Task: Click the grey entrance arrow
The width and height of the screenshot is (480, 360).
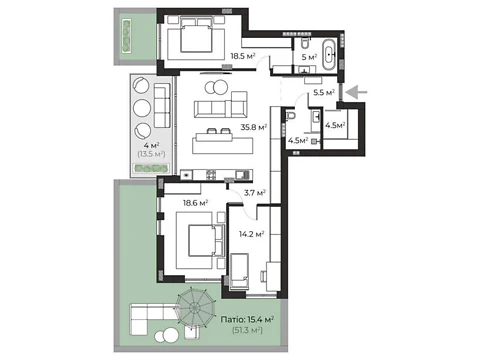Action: [356, 92]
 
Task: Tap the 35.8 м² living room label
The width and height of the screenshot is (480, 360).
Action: [254, 127]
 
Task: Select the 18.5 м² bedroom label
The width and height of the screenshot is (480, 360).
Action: [243, 56]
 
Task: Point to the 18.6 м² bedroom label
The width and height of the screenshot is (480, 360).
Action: [195, 203]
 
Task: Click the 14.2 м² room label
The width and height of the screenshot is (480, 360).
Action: [251, 234]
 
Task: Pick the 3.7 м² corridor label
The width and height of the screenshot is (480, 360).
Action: [255, 193]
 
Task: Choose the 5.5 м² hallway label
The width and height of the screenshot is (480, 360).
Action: [324, 93]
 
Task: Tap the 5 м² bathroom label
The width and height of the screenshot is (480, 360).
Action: [309, 57]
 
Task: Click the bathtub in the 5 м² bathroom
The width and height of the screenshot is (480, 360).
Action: [330, 55]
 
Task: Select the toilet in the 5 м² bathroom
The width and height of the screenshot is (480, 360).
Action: [305, 42]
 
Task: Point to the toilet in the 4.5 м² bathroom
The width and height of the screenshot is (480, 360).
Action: [291, 115]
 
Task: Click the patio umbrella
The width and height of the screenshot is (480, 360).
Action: [194, 308]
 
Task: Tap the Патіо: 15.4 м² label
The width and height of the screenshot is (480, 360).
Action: [247, 320]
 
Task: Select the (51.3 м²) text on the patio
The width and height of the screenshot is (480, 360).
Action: [247, 330]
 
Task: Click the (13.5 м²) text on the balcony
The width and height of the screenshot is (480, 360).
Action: [151, 154]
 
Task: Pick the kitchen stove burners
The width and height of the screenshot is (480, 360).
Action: [211, 175]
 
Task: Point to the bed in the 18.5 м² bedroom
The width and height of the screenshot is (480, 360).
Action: [196, 35]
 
